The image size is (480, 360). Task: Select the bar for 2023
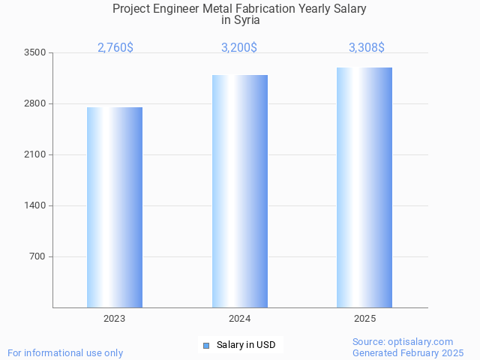115,207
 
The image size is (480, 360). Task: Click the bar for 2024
240,191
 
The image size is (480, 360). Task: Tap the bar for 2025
364,187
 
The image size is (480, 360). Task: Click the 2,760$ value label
115,48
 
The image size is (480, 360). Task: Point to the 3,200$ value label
239,48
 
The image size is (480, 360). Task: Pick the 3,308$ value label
367,48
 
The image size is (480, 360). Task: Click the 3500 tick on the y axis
35,52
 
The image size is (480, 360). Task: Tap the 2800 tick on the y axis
35,103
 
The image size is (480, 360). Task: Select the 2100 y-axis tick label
35,154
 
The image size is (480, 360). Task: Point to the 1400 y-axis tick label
35,205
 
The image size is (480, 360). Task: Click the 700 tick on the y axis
37,256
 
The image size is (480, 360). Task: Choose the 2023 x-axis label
115,319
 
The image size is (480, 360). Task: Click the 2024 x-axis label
240,319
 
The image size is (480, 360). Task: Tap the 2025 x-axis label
364,319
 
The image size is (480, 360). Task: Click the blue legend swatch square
206,346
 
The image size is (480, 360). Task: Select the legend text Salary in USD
246,345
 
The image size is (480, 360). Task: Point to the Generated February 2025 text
408,352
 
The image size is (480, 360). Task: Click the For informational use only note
65,352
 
